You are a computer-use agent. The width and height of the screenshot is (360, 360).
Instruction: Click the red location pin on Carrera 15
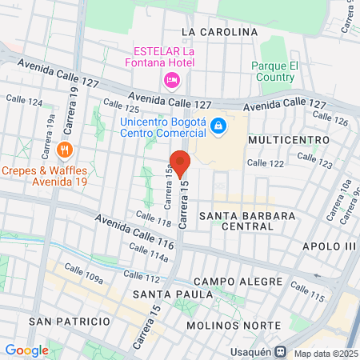tap(180, 163)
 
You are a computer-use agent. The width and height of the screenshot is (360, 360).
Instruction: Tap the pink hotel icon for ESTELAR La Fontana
tap(171, 80)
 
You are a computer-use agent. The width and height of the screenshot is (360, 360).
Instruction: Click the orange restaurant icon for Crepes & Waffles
tap(66, 149)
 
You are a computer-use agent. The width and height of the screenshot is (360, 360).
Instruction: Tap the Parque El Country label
tap(274, 71)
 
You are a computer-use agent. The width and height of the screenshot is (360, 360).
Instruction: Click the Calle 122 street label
tap(266, 163)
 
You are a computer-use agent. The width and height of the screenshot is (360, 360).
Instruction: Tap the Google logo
tap(26, 350)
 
